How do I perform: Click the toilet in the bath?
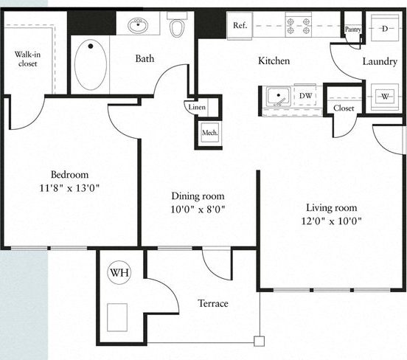tap(177, 27)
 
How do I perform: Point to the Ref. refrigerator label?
tap(240, 26)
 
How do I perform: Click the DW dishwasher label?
tap(305, 96)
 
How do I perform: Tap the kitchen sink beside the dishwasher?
tap(277, 97)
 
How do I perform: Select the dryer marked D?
tap(384, 28)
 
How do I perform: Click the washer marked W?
tap(384, 96)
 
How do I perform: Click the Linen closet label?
tap(197, 108)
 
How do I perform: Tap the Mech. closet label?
tap(209, 134)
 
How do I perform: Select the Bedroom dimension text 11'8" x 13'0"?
tap(71, 187)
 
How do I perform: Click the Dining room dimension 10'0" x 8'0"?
tap(198, 209)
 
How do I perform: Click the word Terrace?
tap(212, 303)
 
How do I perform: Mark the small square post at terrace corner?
tap(258, 340)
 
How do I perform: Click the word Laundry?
tap(380, 61)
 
